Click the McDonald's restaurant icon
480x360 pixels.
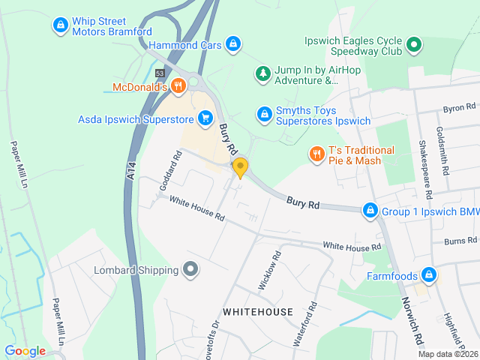coord(178,86)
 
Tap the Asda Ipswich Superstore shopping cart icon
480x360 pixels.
coord(205,118)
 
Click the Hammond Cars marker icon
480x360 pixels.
coord(234,44)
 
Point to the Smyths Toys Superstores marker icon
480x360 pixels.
coord(263,114)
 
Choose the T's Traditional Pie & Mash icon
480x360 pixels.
coord(316,154)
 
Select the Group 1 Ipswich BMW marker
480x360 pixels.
coord(370,211)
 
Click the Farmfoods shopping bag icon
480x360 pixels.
coord(428,275)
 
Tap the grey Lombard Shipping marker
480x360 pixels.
coord(190,269)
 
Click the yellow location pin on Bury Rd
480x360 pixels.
coord(240,167)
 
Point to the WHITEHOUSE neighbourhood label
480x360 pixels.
coord(257,311)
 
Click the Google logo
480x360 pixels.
coord(25,351)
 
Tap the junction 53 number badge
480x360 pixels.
coord(160,73)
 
